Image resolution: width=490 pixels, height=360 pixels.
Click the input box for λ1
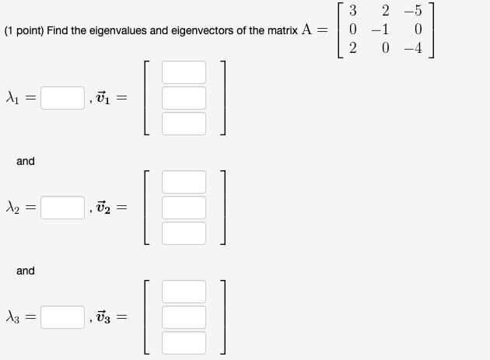(x=62, y=98)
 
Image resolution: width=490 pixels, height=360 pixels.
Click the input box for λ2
(x=62, y=208)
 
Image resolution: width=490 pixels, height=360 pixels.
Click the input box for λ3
(x=62, y=317)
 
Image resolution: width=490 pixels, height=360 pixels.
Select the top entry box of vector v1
(x=184, y=72)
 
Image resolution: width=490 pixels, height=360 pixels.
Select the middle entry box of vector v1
(x=184, y=98)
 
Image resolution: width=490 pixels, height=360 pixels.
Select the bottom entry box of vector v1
(x=184, y=123)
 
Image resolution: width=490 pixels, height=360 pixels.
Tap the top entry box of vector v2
(x=184, y=182)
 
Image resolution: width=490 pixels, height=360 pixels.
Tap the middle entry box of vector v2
(x=184, y=208)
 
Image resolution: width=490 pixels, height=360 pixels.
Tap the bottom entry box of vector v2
(x=184, y=232)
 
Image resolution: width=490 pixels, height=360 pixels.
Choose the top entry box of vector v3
(x=184, y=292)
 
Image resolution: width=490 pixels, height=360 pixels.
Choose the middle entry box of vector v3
(x=184, y=317)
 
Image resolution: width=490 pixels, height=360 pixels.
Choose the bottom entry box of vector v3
(x=184, y=342)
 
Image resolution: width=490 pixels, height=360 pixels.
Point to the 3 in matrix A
(x=354, y=12)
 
